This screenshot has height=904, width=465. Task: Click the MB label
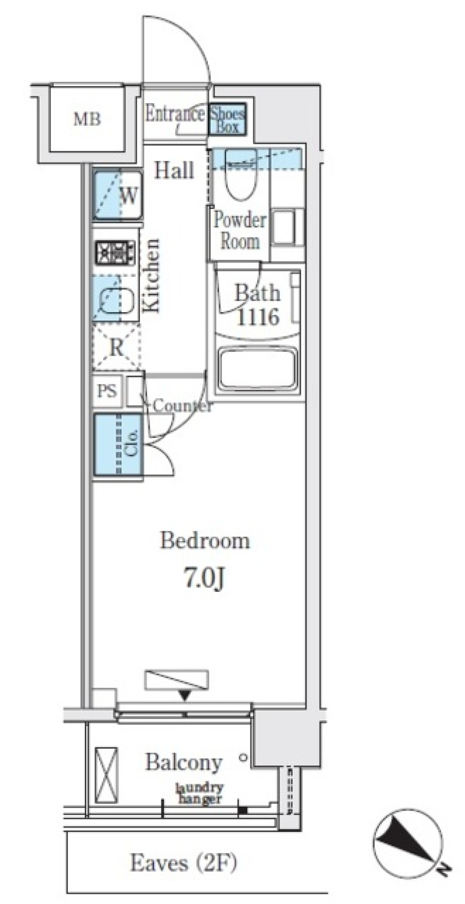(x=87, y=119)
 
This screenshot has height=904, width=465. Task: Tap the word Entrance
(x=175, y=114)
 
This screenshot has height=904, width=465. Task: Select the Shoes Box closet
(x=227, y=119)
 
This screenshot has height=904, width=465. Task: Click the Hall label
(x=174, y=170)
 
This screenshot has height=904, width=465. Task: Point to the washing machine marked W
(x=117, y=195)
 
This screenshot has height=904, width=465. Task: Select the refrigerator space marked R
(x=116, y=348)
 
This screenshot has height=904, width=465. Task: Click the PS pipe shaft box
(x=107, y=391)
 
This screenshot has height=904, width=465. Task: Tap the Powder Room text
(x=240, y=230)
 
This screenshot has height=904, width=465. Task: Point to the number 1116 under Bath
(x=258, y=317)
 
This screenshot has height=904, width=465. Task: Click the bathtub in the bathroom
(x=257, y=368)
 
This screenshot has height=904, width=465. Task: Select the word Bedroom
(x=205, y=540)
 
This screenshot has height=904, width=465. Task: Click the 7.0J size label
(x=203, y=579)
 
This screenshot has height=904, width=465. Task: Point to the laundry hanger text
(x=200, y=794)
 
